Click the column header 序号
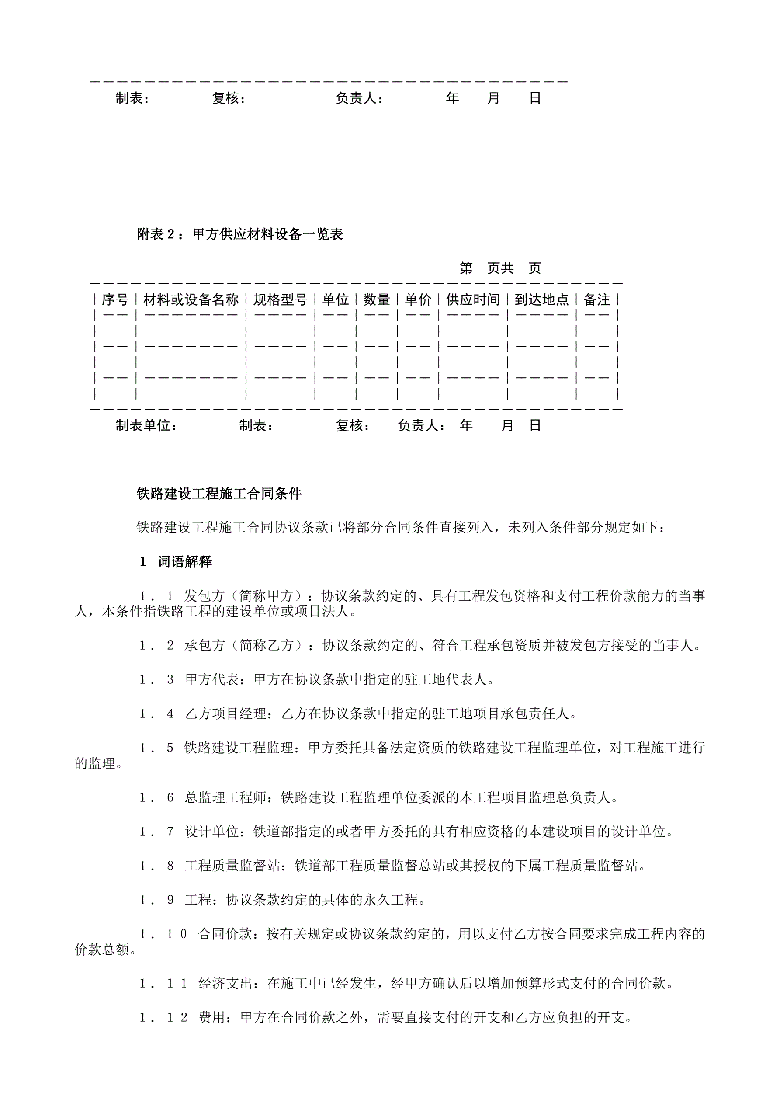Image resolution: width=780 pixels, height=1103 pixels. [x=115, y=300]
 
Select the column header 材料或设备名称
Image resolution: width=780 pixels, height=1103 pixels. [x=191, y=300]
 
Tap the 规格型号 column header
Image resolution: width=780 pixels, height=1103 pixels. [x=281, y=300]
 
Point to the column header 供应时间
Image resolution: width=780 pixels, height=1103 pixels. [x=473, y=300]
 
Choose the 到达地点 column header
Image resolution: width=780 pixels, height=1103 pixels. [x=542, y=300]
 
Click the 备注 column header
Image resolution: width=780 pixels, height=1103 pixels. [x=597, y=300]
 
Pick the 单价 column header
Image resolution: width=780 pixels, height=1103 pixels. [x=418, y=300]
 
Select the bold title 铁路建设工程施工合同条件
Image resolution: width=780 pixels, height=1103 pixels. [x=219, y=494]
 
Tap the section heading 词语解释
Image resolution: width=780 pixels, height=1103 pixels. [x=185, y=562]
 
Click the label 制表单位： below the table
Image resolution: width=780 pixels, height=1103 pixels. [x=146, y=426]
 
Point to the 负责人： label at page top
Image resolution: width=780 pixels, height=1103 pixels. [x=360, y=98]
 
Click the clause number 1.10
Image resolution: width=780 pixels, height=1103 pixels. [x=163, y=934]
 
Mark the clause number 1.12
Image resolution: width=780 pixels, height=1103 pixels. [x=163, y=1017]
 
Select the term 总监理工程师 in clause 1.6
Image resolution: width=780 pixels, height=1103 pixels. [x=226, y=797]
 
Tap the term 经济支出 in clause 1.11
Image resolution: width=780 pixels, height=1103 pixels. [x=226, y=983]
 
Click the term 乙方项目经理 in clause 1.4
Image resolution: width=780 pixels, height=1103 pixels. [x=226, y=713]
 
